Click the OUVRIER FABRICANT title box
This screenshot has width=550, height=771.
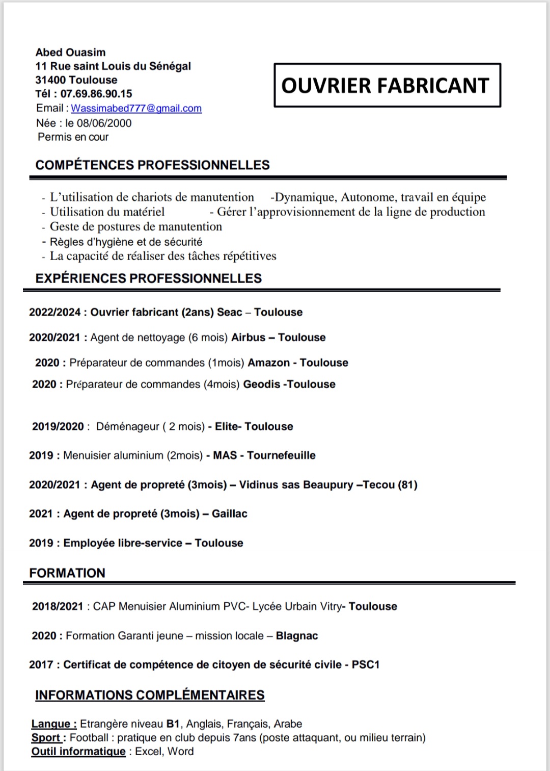[x=387, y=85]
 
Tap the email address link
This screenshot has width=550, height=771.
[x=136, y=108]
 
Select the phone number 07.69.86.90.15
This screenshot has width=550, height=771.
[x=96, y=94]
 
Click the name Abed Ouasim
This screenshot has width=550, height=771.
[x=70, y=52]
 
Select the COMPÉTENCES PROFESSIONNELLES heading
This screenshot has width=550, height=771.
[x=152, y=165]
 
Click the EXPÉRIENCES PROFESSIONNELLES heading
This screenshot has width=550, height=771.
[x=148, y=278]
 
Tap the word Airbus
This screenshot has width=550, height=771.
[x=249, y=337]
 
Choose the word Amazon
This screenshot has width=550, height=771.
[x=268, y=363]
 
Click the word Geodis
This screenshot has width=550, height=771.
[x=261, y=384]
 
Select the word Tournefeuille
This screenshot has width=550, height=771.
[x=281, y=455]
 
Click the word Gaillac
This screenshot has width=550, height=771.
[x=230, y=513]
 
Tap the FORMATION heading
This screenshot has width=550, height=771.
[x=67, y=573]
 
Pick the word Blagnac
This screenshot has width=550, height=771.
[x=297, y=635]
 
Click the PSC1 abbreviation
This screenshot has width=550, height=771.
[x=366, y=664]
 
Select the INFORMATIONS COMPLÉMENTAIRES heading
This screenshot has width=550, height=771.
[x=150, y=695]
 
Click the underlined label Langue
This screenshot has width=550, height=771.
[x=53, y=724]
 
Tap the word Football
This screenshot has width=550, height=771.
[x=89, y=737]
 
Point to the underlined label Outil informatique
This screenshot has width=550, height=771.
[x=78, y=751]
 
